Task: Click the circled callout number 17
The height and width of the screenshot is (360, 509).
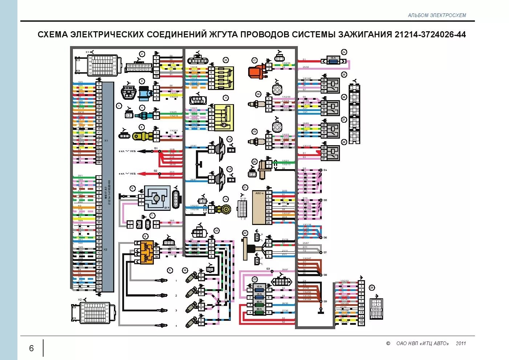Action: coord(255,61)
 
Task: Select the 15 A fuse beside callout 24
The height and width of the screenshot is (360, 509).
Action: coord(333,61)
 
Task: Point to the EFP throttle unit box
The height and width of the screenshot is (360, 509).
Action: coord(157,198)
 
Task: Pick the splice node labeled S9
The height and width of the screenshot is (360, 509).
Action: coord(321,302)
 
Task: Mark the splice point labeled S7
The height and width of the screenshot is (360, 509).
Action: coord(321,252)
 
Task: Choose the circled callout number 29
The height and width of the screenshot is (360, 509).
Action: coord(372,288)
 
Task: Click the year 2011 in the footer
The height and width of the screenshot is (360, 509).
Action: coord(461,343)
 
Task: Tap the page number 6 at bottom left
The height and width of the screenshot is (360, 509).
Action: coord(31,348)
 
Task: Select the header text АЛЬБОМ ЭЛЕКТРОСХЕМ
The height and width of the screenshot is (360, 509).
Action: coord(437,15)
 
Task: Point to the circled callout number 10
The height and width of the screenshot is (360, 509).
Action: coord(226,60)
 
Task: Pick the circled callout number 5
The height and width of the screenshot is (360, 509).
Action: coord(142,127)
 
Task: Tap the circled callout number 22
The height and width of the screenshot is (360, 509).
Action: coord(245,233)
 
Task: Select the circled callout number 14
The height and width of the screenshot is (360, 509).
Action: coord(226,199)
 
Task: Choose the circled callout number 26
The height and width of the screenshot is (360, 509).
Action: coord(344,97)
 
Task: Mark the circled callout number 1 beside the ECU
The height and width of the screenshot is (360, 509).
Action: coord(119,106)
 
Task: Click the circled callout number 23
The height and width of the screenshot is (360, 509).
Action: coord(255,279)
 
